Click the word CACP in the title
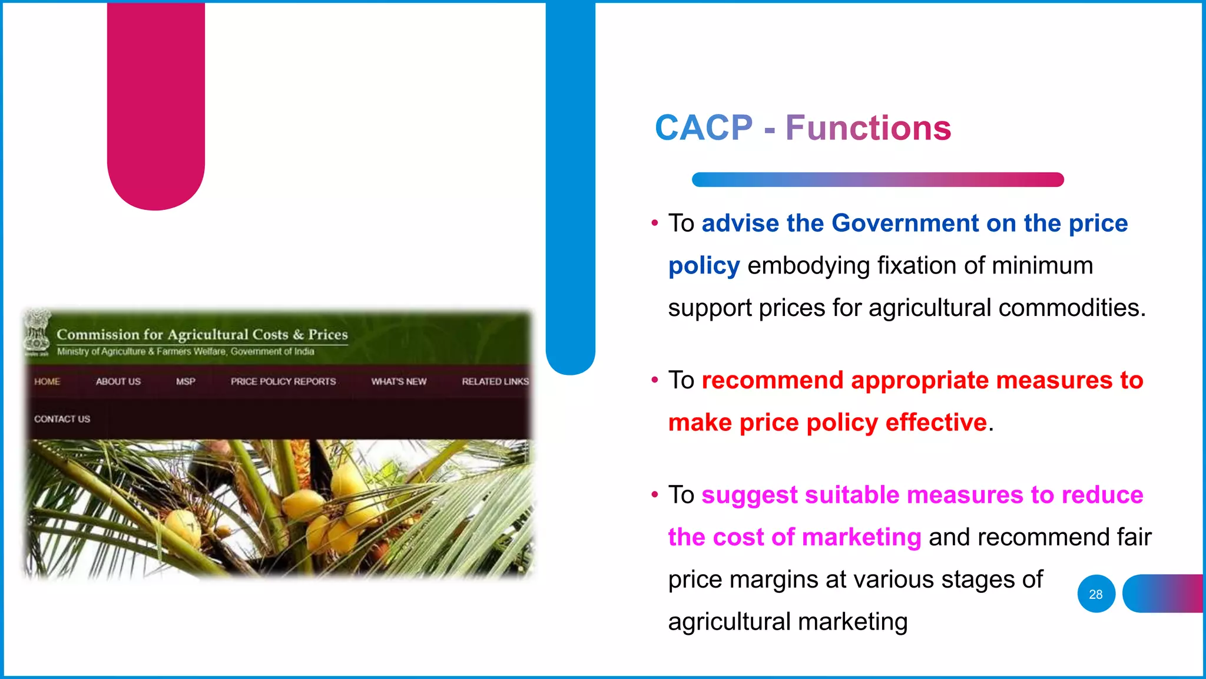point(704,128)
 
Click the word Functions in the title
point(868,128)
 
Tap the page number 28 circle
point(1096,594)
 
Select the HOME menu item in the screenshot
point(47,381)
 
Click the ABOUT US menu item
point(118,381)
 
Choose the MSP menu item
point(185,381)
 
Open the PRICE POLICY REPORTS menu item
point(283,381)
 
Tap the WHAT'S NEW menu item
point(399,381)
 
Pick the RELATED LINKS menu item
point(495,381)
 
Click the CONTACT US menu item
point(62,419)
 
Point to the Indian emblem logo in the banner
point(37,332)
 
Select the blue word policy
point(704,266)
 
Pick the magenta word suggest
point(749,495)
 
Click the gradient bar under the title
point(877,180)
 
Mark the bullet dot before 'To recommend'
point(654,380)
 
